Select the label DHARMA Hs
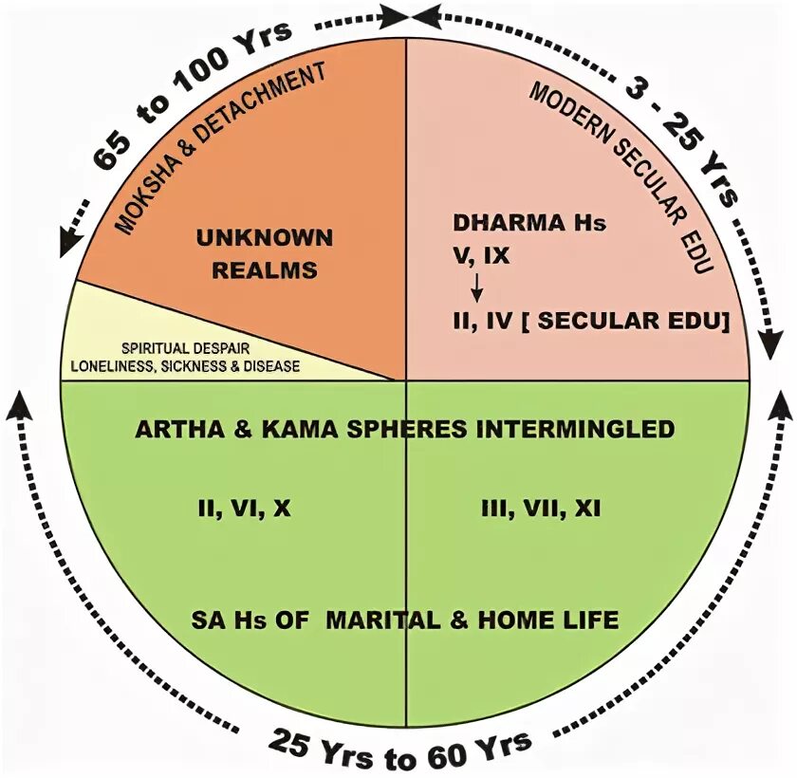pos(528,224)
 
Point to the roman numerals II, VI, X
pos(244,509)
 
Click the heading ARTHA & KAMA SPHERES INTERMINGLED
pos(404,429)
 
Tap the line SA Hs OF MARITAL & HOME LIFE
pos(404,621)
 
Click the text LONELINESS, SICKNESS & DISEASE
pos(185,365)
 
